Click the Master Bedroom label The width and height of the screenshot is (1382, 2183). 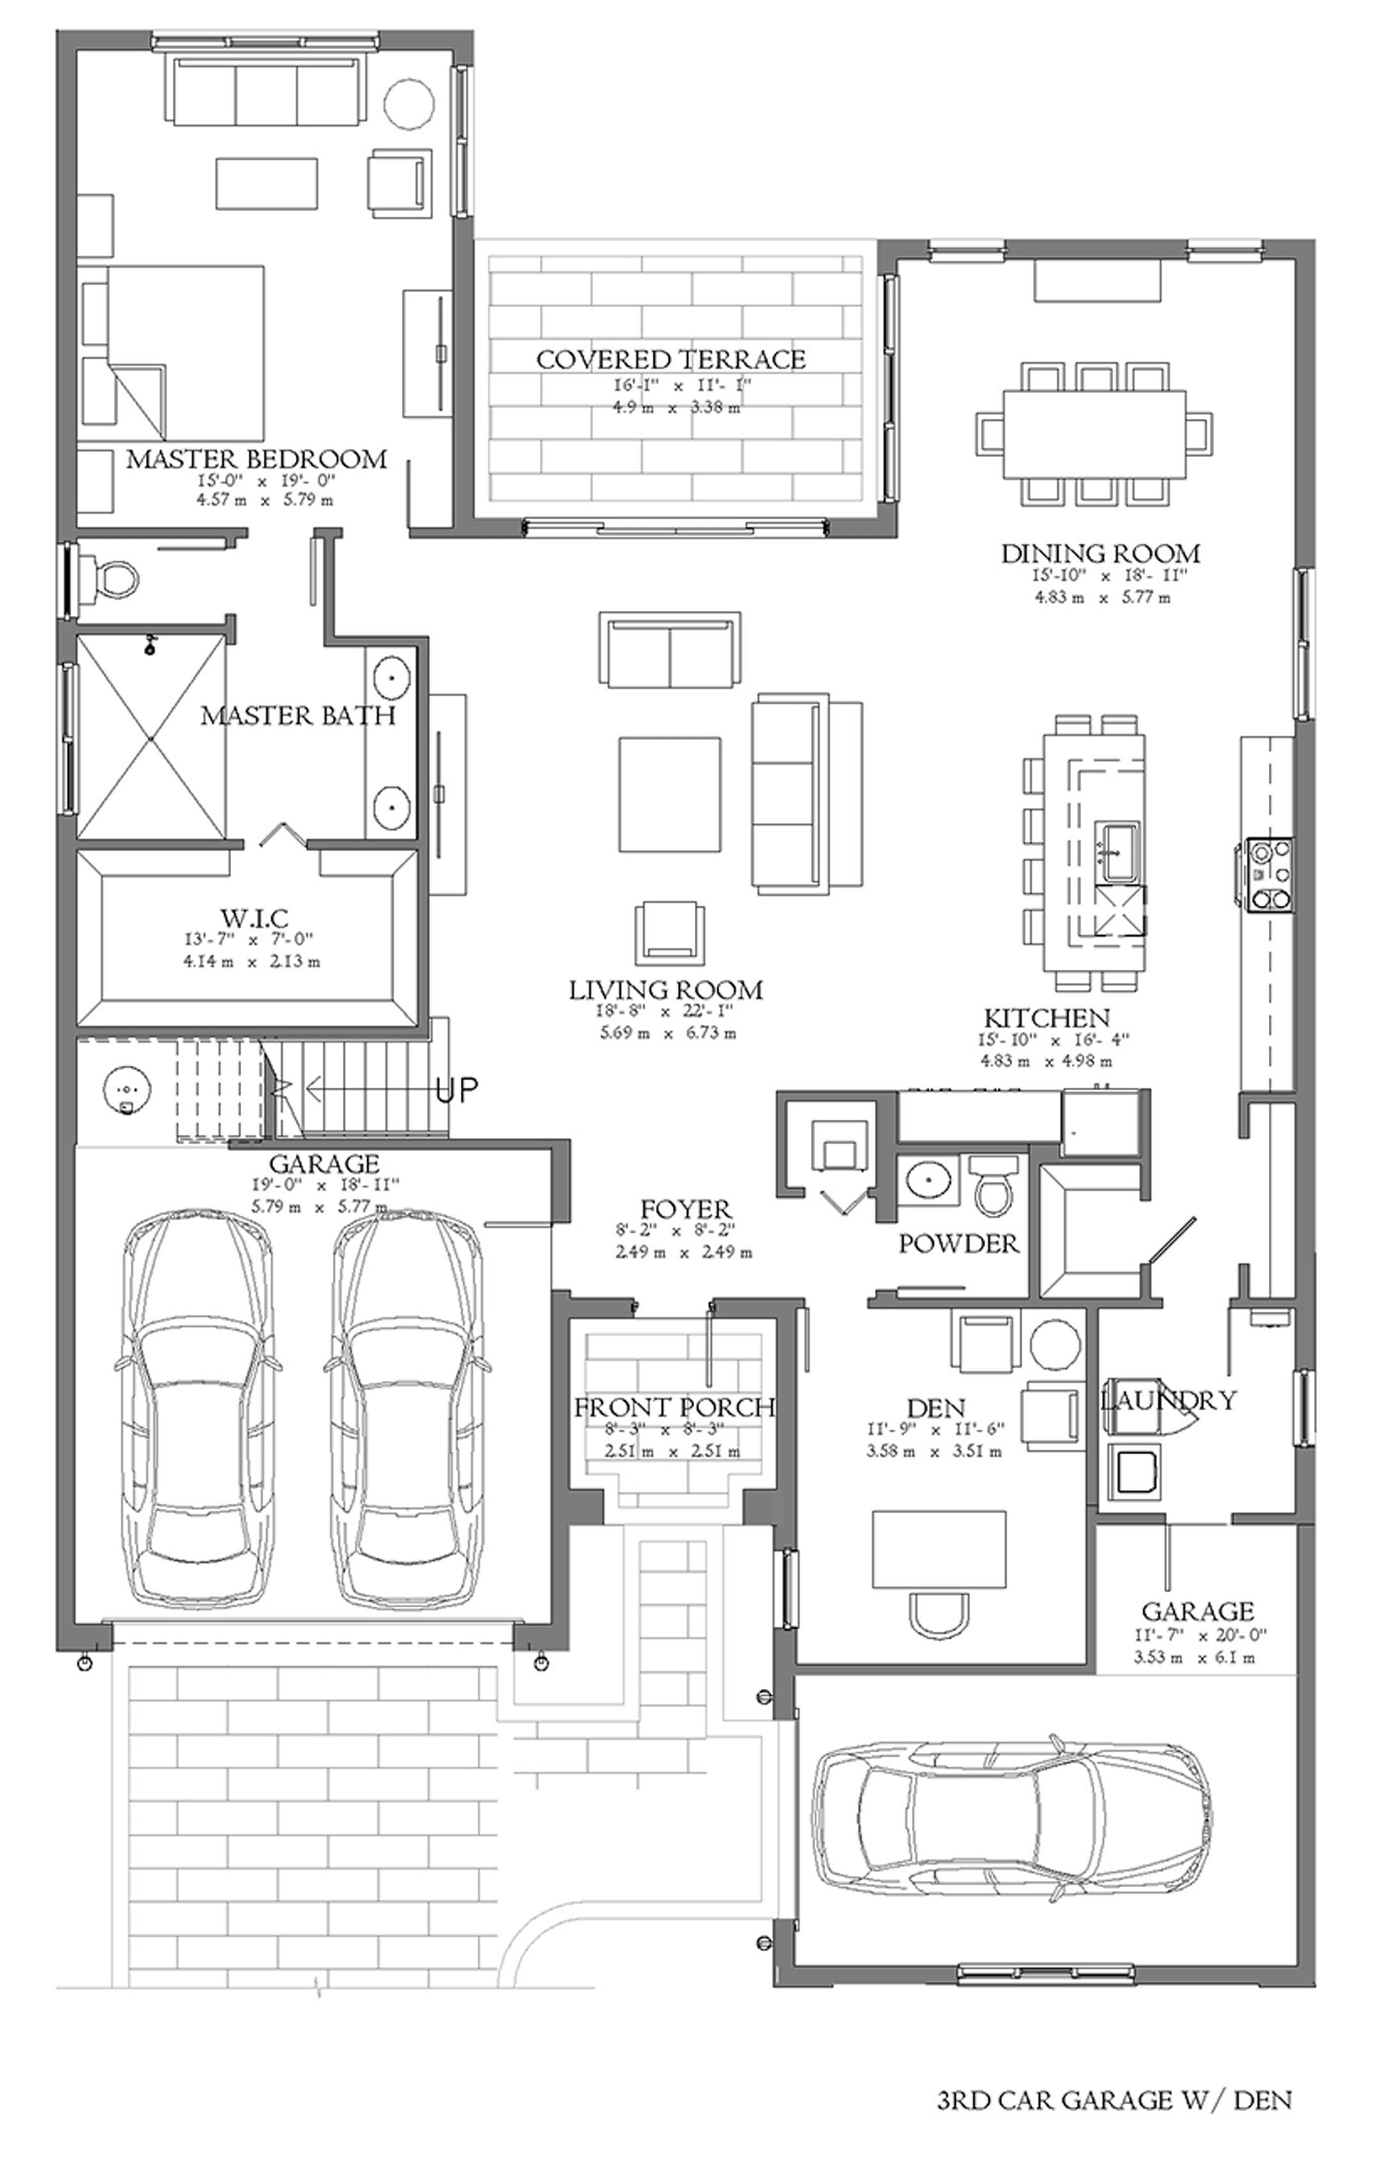tap(257, 459)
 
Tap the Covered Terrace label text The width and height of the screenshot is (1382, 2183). tap(671, 360)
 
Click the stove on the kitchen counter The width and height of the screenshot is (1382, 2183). tap(1269, 874)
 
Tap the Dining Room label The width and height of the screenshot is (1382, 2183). tap(1100, 553)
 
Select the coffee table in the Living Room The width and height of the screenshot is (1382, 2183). tap(671, 794)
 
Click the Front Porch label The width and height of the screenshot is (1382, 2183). tap(674, 1407)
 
